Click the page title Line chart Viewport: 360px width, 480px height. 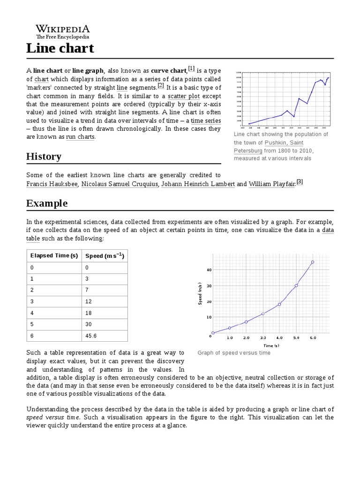click(x=60, y=48)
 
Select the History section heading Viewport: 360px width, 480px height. click(x=44, y=157)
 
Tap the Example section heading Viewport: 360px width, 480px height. click(x=47, y=203)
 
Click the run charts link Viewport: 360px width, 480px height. click(x=80, y=137)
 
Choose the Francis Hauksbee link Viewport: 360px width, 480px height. click(x=52, y=184)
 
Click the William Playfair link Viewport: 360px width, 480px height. click(x=272, y=184)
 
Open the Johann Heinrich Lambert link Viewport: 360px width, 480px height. click(x=198, y=184)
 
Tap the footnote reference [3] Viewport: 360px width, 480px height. click(x=300, y=182)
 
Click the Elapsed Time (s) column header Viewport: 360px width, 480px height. click(x=54, y=256)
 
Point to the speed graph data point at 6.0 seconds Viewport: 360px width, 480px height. click(x=313, y=262)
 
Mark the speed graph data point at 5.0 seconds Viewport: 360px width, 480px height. click(x=296, y=285)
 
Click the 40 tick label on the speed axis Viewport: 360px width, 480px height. click(x=209, y=270)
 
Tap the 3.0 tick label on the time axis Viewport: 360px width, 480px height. click(x=262, y=337)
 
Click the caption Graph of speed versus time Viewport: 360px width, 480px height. click(x=234, y=353)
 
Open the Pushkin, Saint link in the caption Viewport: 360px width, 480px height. click(x=284, y=142)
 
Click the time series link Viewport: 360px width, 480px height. click(x=206, y=120)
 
